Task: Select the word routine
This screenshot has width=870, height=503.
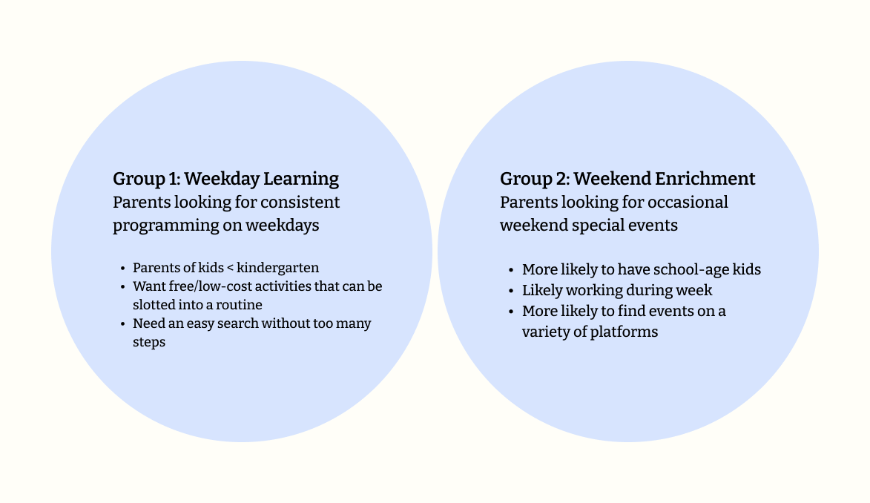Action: click(x=239, y=305)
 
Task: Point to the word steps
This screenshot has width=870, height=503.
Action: click(x=149, y=343)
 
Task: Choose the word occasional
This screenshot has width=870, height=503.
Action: click(x=688, y=202)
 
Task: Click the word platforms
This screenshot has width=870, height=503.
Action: click(x=624, y=332)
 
